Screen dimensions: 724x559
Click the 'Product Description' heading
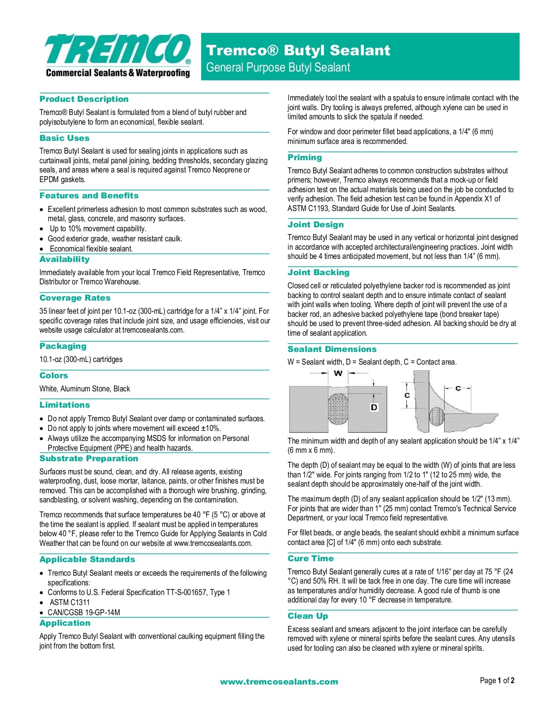tap(84, 99)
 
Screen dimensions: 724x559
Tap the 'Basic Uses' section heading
tap(64, 138)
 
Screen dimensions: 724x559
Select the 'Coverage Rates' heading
tap(75, 298)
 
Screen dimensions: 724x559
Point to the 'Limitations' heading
tap(64, 405)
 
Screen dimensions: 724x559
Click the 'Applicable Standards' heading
tap(87, 559)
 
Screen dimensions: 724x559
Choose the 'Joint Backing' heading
tap(318, 272)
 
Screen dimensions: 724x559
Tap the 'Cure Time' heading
tap(310, 559)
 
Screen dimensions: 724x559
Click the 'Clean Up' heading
tap(308, 616)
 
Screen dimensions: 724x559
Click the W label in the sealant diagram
tap(338, 373)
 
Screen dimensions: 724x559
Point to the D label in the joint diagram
tap(374, 407)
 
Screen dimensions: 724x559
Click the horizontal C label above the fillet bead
tap(458, 388)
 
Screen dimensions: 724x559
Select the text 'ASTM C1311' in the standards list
tap(70, 602)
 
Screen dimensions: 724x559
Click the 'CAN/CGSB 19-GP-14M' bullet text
tap(84, 613)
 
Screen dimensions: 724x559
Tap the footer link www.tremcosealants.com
tap(279, 682)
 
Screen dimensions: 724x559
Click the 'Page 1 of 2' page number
tap(497, 681)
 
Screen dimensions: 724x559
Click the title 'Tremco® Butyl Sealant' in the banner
tap(298, 50)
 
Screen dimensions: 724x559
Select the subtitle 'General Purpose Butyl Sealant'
tap(278, 68)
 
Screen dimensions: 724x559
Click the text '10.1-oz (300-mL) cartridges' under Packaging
tap(81, 359)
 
